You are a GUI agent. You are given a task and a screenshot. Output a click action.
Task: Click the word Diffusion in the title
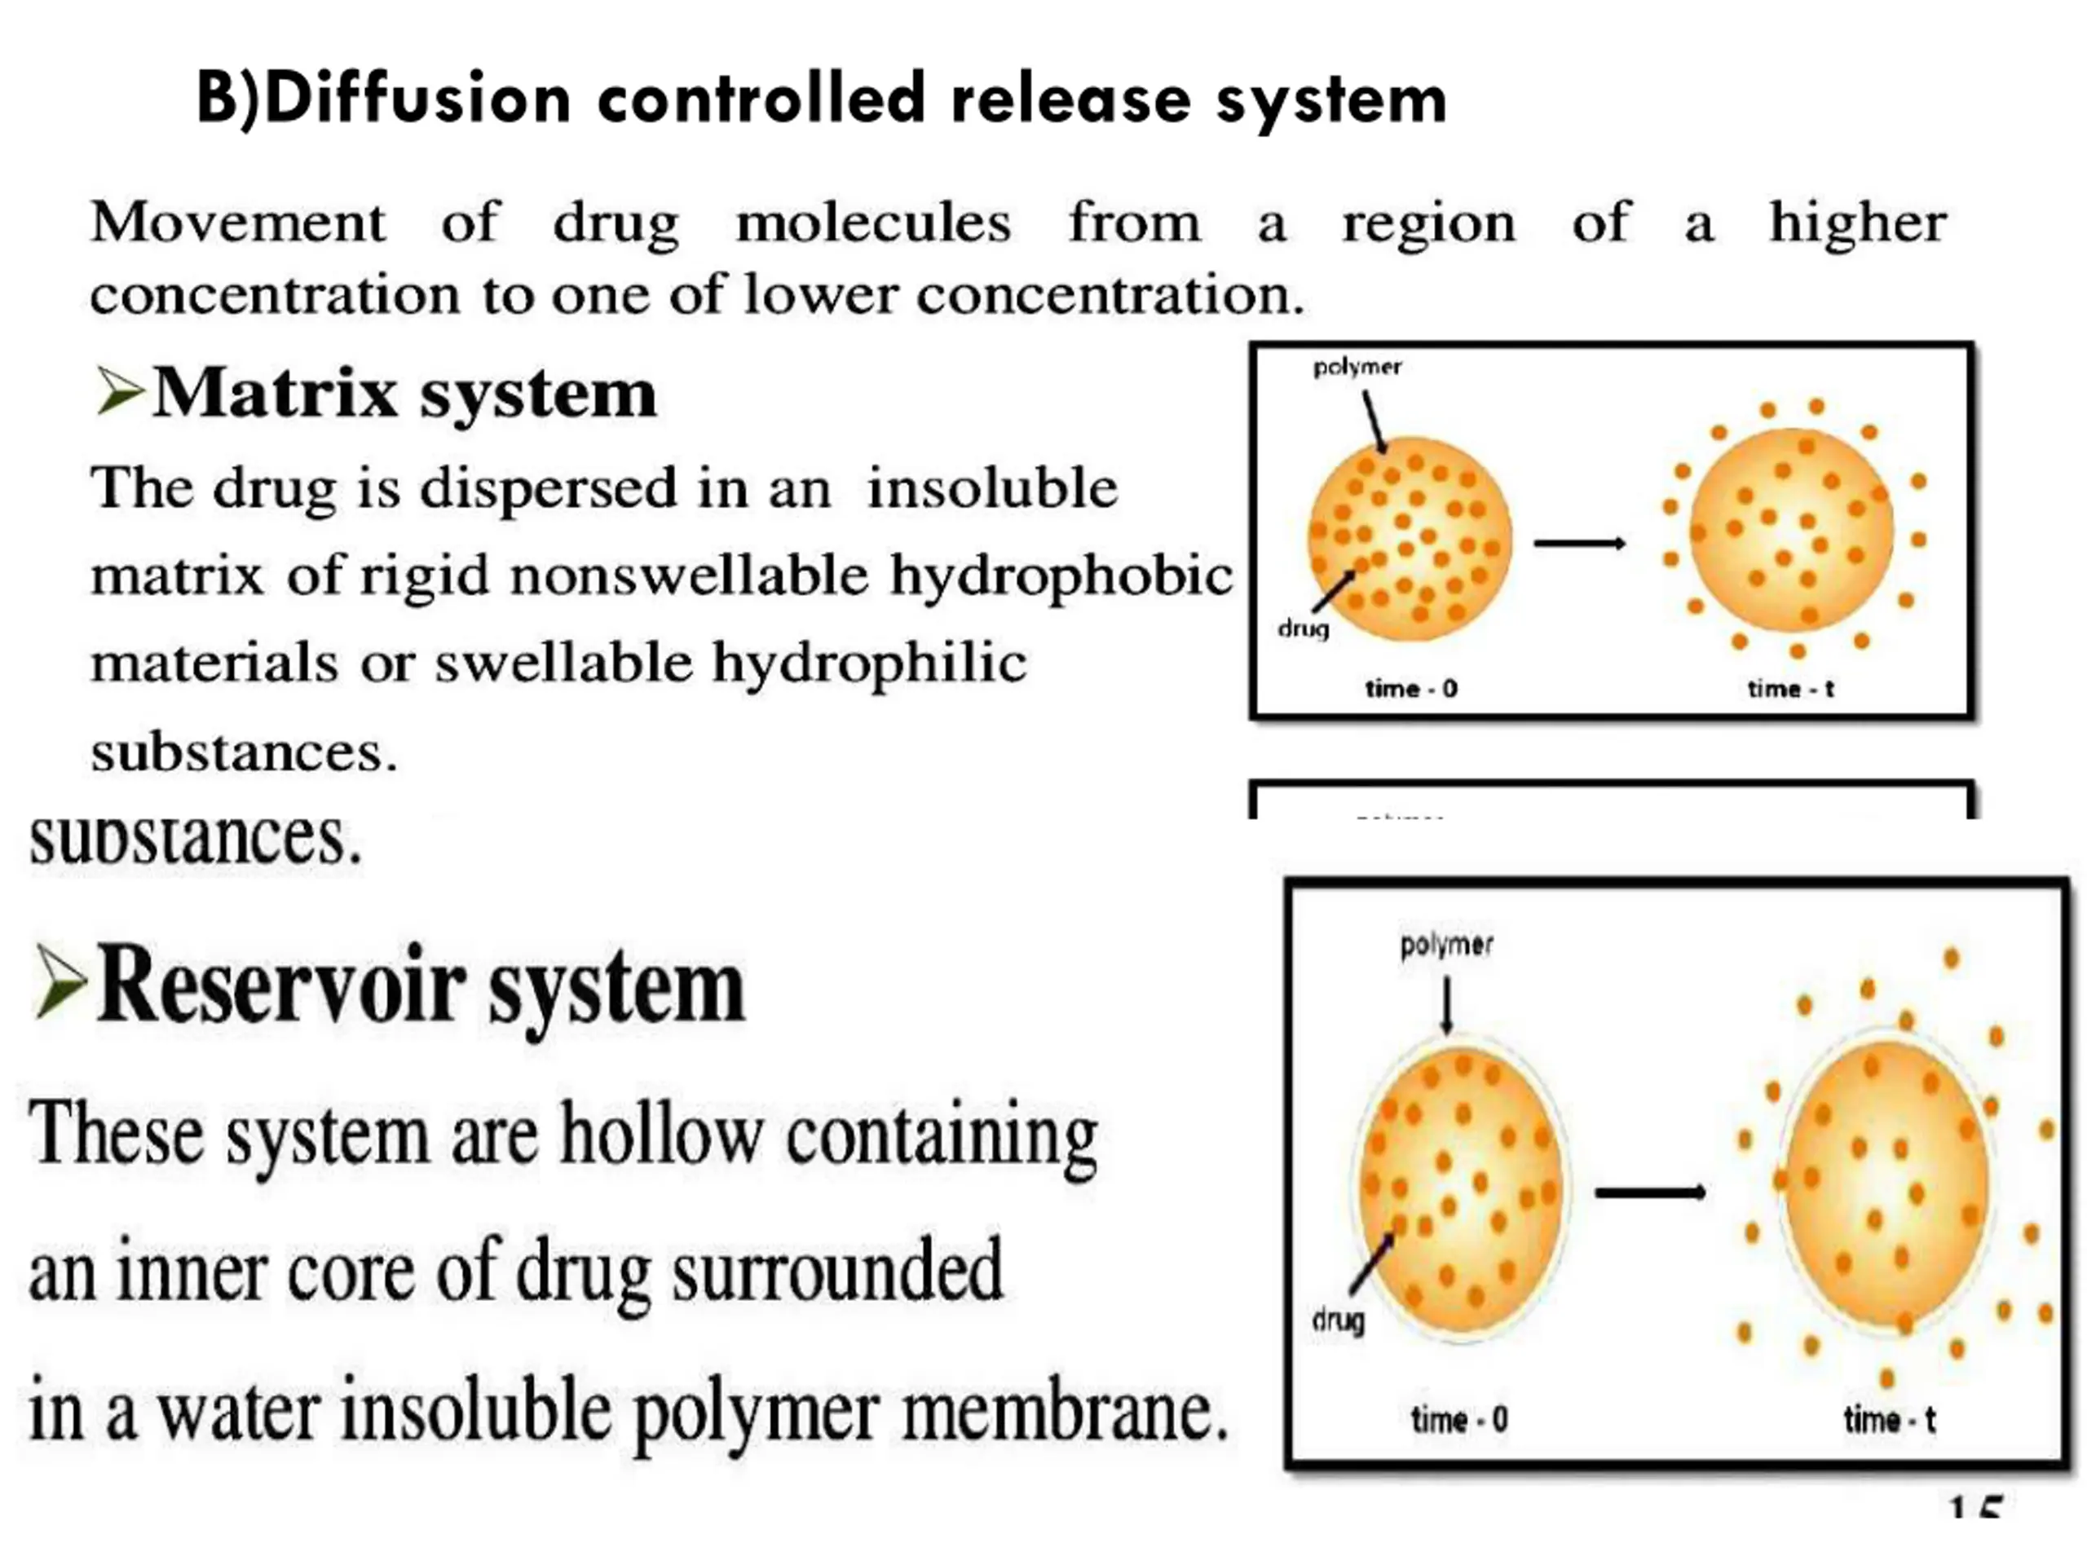pos(417,99)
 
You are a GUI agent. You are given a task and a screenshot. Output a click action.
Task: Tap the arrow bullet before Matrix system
pos(120,391)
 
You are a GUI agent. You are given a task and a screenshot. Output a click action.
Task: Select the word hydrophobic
pos(1061,575)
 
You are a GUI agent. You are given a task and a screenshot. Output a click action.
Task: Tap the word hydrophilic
pos(869,662)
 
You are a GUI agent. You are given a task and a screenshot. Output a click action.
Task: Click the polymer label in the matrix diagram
pos(1357,366)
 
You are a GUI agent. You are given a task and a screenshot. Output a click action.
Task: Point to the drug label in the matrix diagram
pos(1303,628)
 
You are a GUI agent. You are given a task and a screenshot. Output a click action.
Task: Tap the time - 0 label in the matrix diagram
pos(1410,689)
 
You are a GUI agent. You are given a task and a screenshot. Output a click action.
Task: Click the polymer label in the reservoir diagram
pos(1446,944)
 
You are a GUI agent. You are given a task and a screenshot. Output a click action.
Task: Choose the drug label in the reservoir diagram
pos(1338,1319)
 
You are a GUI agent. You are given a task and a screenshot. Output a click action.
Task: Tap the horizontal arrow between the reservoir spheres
pos(1649,1192)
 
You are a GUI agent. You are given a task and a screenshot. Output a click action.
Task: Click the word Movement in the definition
pos(238,223)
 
